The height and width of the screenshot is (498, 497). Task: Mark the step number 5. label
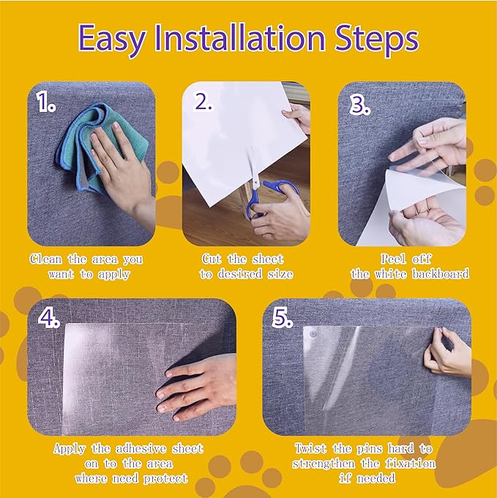click(283, 320)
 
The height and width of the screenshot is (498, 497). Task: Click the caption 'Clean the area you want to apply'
click(86, 267)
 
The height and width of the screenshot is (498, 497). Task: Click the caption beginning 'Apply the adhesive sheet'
click(129, 463)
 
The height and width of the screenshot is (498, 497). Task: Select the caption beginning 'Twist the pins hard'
click(364, 463)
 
